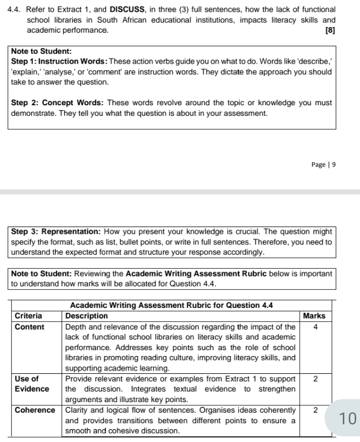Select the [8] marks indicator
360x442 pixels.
point(330,29)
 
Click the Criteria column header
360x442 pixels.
point(28,316)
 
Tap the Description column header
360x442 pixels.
point(86,316)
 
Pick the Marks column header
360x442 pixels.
point(314,316)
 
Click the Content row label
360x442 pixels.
point(29,327)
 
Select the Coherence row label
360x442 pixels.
point(34,410)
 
